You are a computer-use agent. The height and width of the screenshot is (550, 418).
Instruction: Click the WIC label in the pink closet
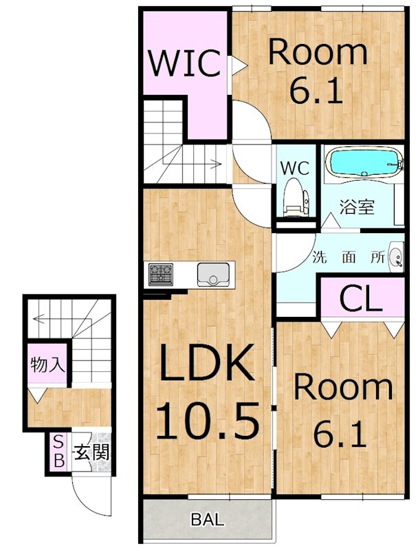[x=185, y=63]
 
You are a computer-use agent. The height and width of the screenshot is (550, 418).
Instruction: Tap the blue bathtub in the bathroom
[x=364, y=162]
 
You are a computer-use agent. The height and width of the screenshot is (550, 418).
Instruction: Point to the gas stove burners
[x=161, y=274]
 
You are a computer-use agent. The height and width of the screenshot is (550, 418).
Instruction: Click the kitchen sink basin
[x=213, y=274]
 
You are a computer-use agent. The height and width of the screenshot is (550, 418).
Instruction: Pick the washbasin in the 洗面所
[x=397, y=256]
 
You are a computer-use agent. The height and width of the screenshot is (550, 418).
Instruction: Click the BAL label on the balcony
[x=208, y=519]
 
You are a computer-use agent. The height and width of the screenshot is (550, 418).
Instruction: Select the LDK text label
[x=207, y=362]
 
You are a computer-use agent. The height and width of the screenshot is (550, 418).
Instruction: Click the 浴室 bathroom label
[x=357, y=208]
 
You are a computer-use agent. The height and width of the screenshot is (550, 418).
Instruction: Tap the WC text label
[x=294, y=168]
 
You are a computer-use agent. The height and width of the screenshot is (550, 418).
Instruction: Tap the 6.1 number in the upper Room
[x=316, y=91]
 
